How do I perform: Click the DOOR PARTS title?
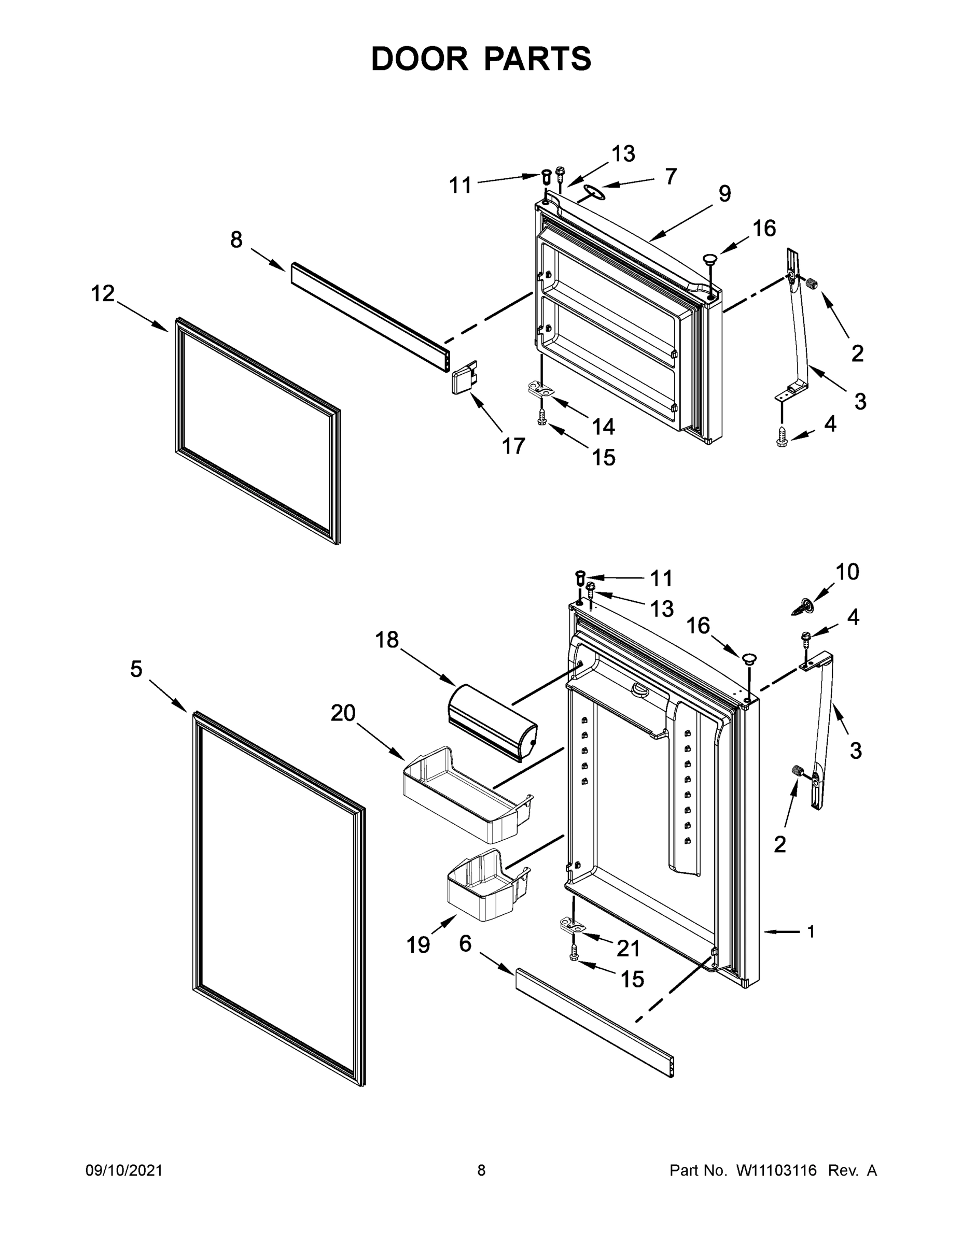click(481, 59)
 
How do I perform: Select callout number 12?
click(103, 294)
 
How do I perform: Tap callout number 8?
click(236, 240)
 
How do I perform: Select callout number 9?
click(724, 194)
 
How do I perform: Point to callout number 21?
click(629, 949)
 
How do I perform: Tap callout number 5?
click(136, 669)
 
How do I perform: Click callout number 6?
click(466, 944)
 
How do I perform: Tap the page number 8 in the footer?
click(481, 1170)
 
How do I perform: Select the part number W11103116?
click(776, 1170)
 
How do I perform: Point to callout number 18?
click(387, 640)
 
